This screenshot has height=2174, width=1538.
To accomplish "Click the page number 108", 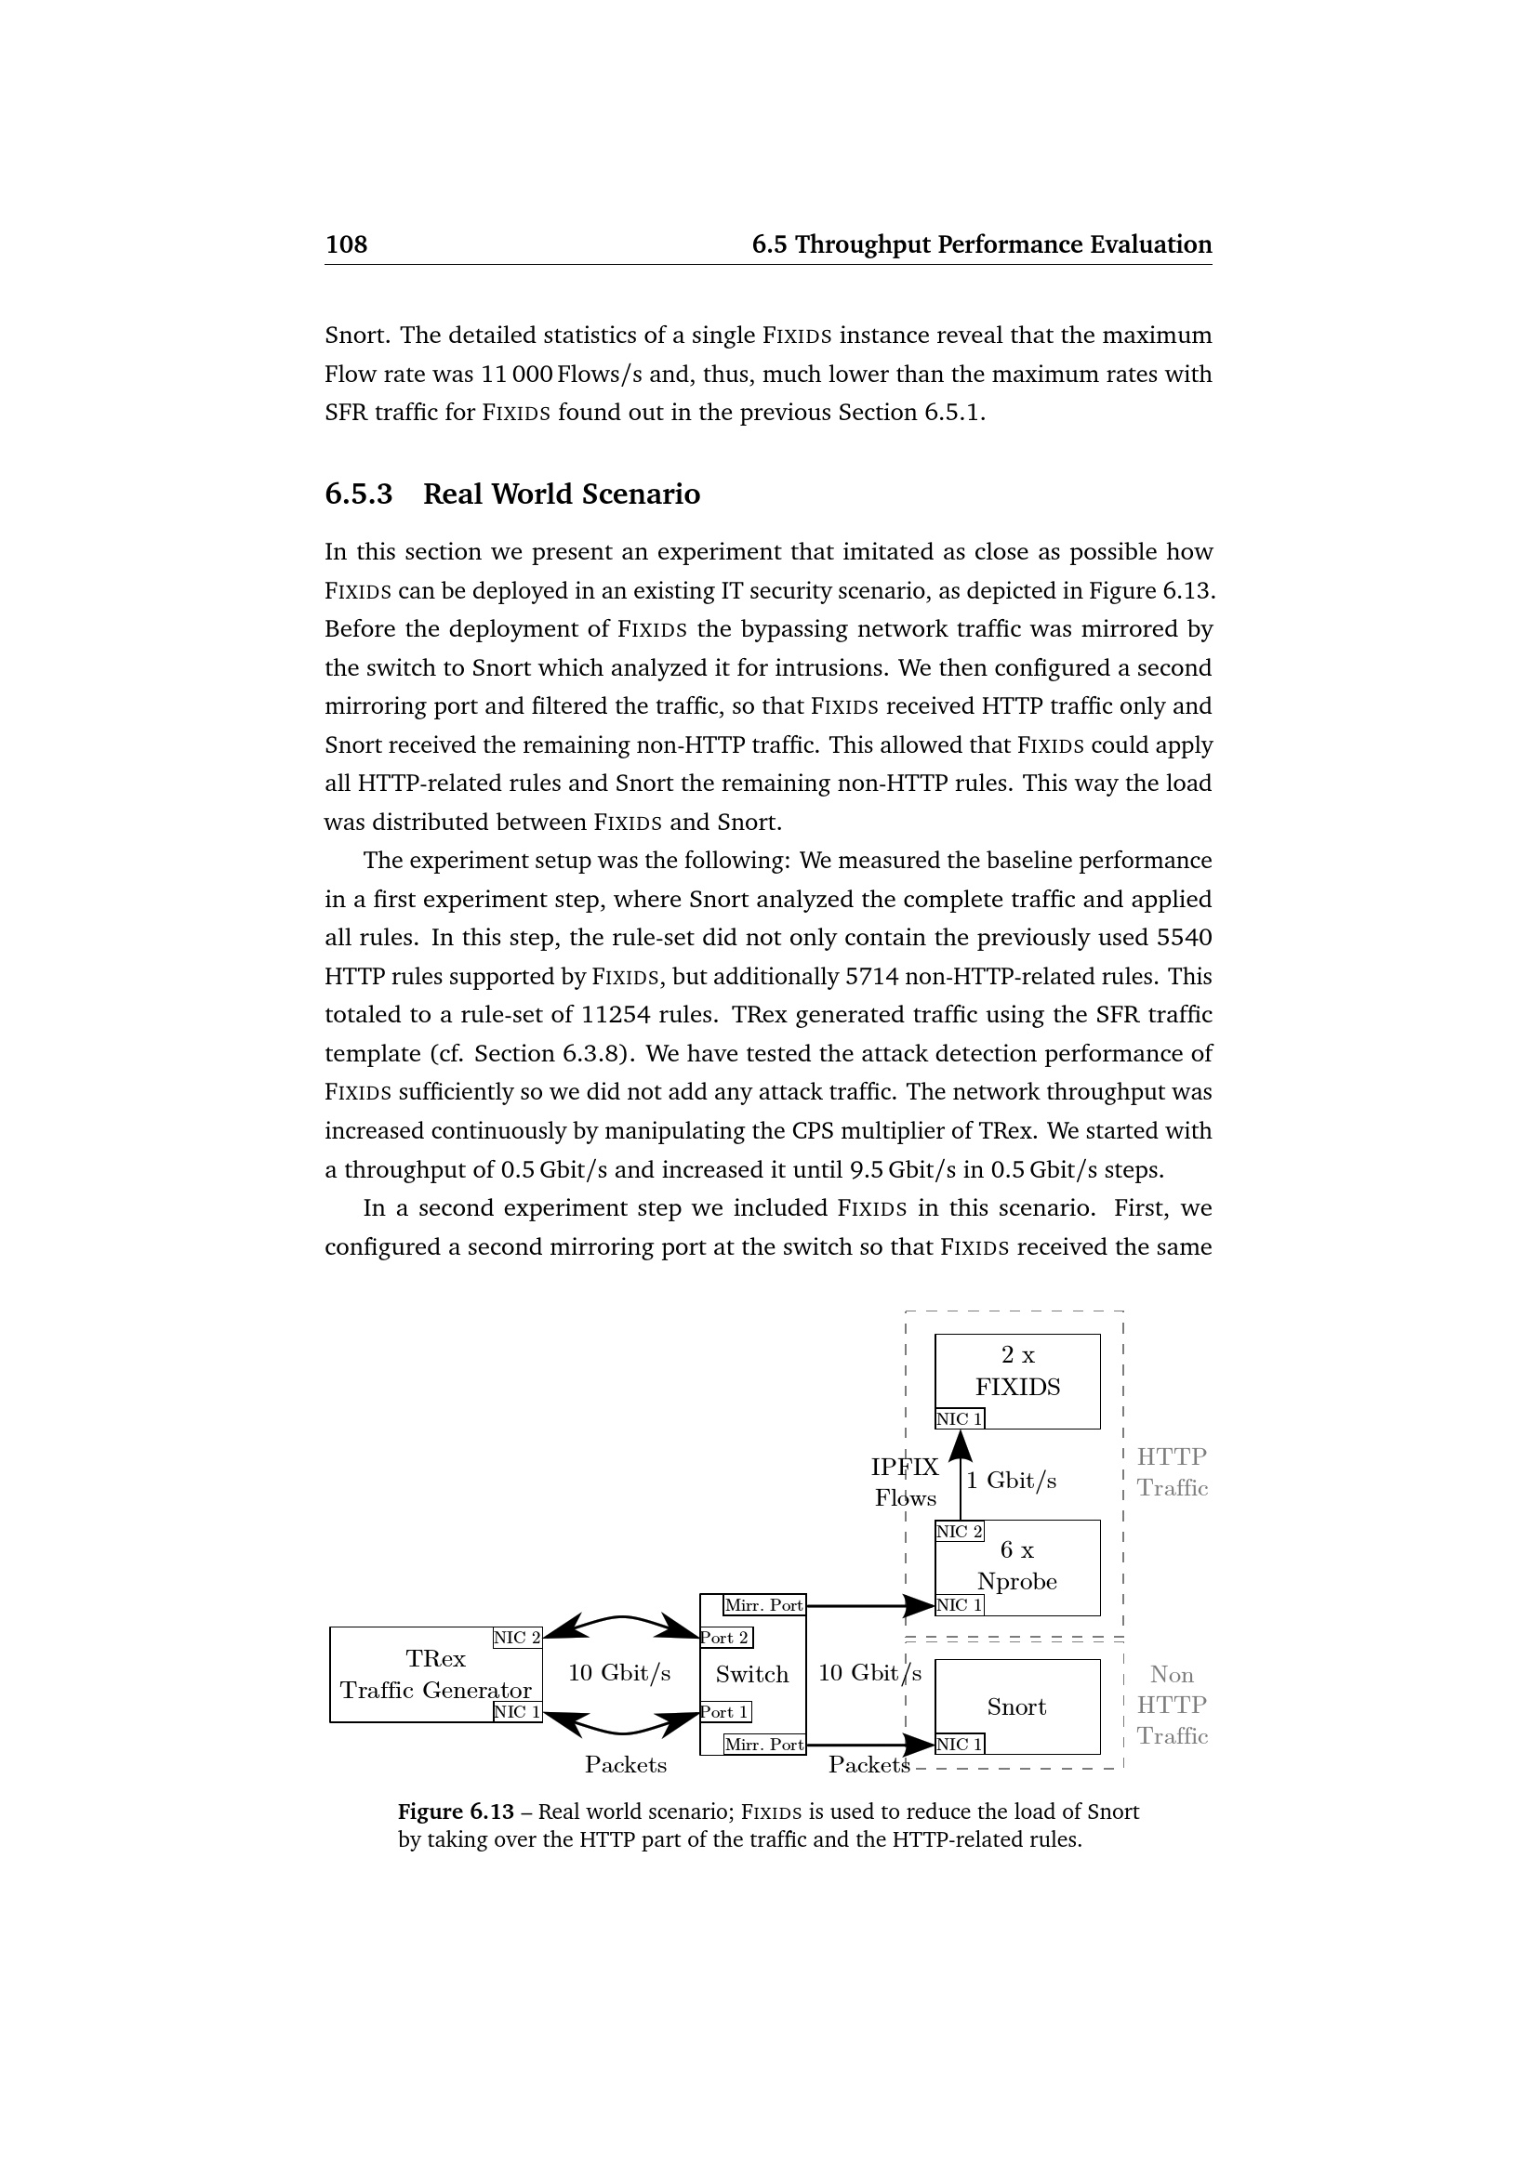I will click(x=346, y=244).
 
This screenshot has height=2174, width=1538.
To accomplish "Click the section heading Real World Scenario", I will click(x=561, y=494).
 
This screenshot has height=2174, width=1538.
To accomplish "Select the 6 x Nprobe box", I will click(x=1017, y=1566).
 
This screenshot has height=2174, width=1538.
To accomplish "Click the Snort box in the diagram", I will click(x=1017, y=1706).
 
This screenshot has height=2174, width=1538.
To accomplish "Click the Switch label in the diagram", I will click(x=752, y=1674).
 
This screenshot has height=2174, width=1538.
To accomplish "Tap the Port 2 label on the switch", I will click(x=725, y=1637).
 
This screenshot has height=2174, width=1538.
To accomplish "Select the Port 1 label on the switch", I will click(x=725, y=1711).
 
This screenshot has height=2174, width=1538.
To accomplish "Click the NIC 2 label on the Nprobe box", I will click(x=960, y=1531).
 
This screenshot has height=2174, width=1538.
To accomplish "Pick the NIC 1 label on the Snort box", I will click(x=960, y=1743).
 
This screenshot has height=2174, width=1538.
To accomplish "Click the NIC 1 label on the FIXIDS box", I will click(x=960, y=1418).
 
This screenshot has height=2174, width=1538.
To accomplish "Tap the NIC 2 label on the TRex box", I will click(x=517, y=1637).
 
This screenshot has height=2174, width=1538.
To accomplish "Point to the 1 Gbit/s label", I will click(x=1012, y=1481).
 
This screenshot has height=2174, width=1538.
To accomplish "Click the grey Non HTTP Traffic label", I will click(x=1173, y=1706).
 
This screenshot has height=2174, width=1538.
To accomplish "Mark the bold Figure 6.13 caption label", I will click(x=456, y=1812).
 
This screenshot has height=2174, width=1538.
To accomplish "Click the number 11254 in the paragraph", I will click(x=615, y=1015).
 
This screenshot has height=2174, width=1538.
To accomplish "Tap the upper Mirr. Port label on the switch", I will click(x=763, y=1605).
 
